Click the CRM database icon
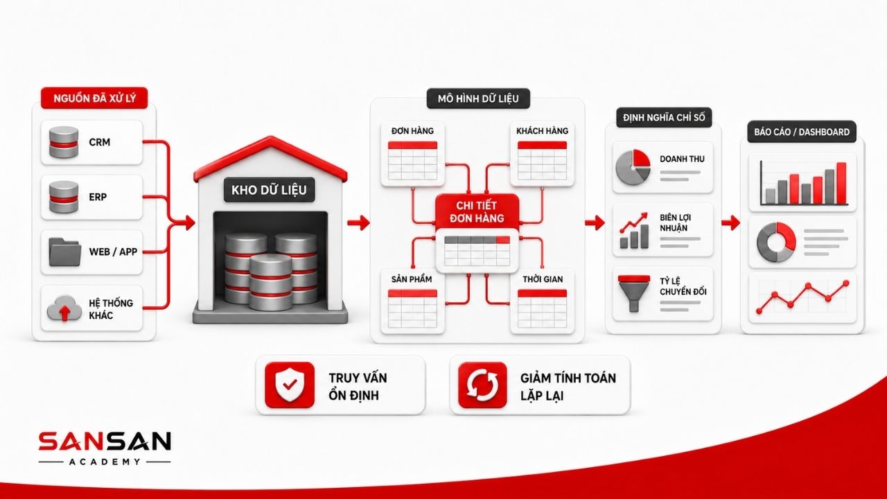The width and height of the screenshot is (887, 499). point(63,142)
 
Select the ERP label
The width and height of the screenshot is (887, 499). point(98,197)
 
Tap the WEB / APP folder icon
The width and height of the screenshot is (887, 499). point(64,252)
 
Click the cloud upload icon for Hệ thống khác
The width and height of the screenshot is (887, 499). point(64,308)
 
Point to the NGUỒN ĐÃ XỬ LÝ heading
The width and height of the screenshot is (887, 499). point(94,98)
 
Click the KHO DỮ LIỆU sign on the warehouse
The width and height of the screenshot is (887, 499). point(269,190)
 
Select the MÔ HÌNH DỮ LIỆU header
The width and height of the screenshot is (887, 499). point(478,98)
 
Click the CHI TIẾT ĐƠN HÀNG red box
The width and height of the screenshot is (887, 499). point(477,212)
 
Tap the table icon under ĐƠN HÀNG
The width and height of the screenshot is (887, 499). point(412,161)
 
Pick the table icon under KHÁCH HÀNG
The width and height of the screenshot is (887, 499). point(542,161)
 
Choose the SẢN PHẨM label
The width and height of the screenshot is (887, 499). point(412,279)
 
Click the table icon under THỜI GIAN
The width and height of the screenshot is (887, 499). point(542,309)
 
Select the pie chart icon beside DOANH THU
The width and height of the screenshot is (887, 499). point(633,167)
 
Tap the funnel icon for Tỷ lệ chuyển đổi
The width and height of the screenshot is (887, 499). point(634,293)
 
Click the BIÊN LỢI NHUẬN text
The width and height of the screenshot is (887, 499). point(675,222)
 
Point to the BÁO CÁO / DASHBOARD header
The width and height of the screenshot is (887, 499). point(802,132)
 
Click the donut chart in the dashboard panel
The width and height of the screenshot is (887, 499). point(776,242)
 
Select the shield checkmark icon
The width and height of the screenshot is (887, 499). point(290,385)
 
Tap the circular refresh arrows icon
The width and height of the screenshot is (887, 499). point(482,385)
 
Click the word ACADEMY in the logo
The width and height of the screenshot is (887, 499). point(105,462)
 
